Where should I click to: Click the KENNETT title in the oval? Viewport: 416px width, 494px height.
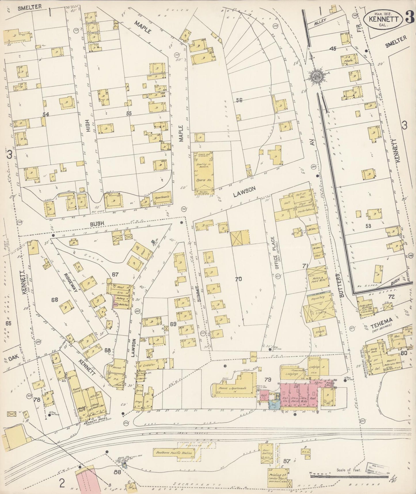[x=385, y=19]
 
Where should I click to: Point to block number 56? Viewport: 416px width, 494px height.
[x=239, y=100]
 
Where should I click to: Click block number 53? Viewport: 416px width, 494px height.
[x=368, y=226]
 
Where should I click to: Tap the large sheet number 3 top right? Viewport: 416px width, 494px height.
[x=409, y=18]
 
